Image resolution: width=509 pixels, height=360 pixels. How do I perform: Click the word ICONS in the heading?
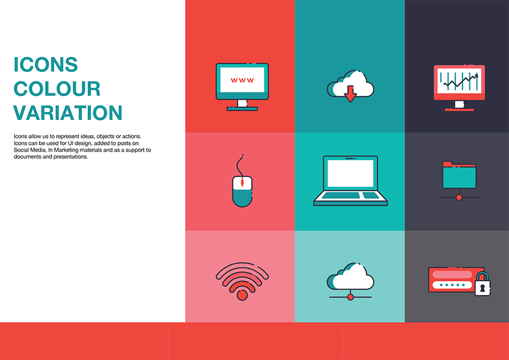click(45, 65)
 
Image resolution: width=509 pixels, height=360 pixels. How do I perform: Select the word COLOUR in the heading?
click(57, 89)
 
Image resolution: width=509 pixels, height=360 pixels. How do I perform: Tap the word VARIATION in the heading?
click(67, 113)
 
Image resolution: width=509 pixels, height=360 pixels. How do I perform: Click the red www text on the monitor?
click(242, 80)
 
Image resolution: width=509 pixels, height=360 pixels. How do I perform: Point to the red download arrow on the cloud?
click(350, 94)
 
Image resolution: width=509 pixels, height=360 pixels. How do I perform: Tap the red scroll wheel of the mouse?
click(242, 182)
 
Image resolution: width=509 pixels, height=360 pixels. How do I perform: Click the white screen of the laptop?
click(350, 173)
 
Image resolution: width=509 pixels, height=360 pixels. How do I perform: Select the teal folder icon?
click(459, 175)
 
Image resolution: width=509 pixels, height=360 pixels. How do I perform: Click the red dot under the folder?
click(459, 197)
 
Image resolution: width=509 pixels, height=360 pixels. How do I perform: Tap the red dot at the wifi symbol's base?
click(242, 295)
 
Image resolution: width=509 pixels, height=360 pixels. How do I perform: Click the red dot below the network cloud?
click(350, 297)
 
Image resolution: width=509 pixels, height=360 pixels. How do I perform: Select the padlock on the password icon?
click(482, 284)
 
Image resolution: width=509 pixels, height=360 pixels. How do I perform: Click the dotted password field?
click(452, 285)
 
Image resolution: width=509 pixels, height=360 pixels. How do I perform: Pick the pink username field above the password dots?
click(452, 275)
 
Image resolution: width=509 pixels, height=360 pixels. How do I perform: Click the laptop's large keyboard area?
click(340, 195)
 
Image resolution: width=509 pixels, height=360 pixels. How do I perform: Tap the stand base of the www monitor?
click(242, 109)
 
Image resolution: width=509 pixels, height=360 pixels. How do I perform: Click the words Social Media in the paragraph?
click(29, 150)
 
